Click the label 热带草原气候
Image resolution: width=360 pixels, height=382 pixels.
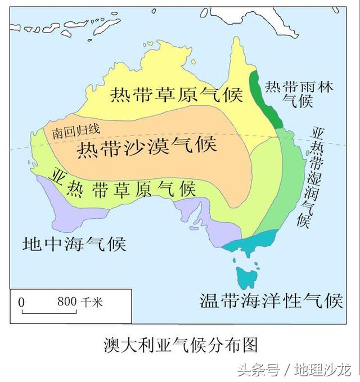coord(175,95)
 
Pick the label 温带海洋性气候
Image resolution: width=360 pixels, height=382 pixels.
coord(271,300)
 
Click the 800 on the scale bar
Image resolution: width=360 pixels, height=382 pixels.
coord(66,302)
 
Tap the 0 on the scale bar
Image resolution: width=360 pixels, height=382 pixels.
coord(22,302)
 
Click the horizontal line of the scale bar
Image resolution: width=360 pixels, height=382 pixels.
coord(51,311)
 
